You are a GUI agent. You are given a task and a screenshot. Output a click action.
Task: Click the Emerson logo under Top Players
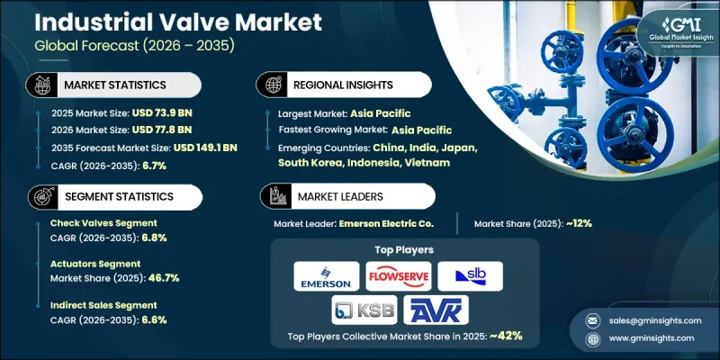click(325, 274)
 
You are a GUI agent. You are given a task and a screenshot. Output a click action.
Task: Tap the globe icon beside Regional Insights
click(271, 84)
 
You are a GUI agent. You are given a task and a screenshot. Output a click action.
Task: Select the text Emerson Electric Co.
click(388, 222)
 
